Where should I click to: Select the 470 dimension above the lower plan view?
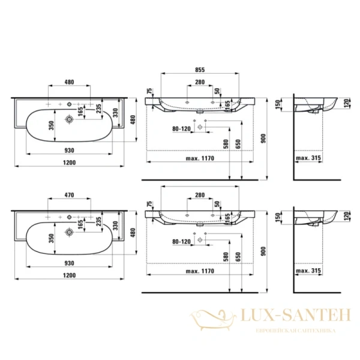point(68,195)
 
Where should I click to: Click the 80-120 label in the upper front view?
point(180,128)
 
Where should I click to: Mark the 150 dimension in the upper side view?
point(277,103)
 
